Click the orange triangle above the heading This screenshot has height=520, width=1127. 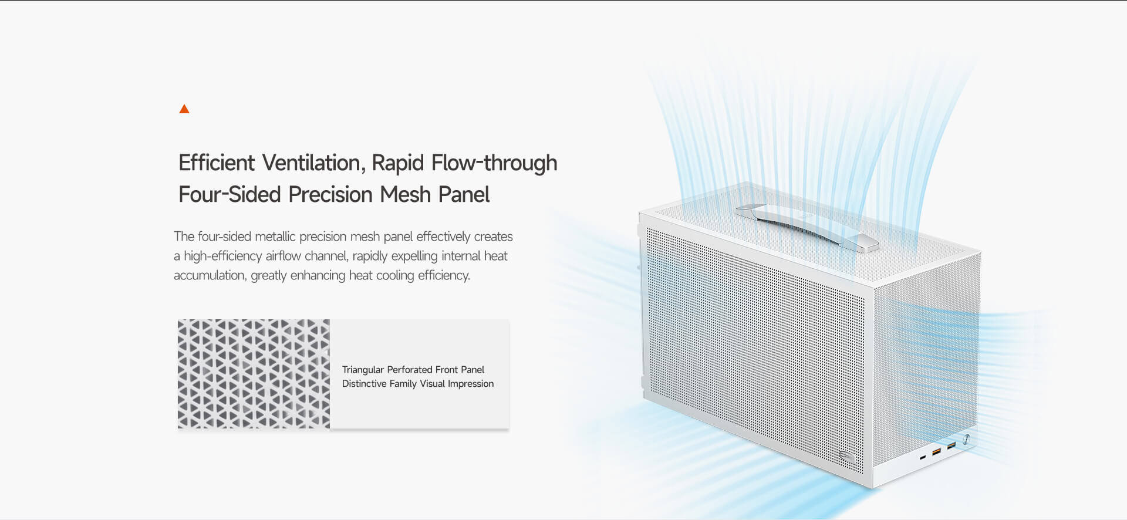pos(184,109)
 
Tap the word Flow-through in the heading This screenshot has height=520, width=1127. pos(494,163)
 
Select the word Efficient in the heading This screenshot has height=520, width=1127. pos(217,163)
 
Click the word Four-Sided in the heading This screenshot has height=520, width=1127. pos(230,194)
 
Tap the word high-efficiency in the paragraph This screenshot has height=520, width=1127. pos(222,256)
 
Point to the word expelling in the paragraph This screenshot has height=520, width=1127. pos(414,256)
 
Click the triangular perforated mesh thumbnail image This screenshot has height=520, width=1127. pos(254,374)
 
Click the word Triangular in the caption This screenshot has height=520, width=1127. pos(363,370)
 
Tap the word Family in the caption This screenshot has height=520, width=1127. pos(403,384)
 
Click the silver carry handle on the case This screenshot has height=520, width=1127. pos(807,227)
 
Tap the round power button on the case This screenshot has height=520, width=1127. pos(966,440)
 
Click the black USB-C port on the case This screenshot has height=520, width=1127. pos(923,457)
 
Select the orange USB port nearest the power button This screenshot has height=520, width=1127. pos(951,446)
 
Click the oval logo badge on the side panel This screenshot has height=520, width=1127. pos(846,456)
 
